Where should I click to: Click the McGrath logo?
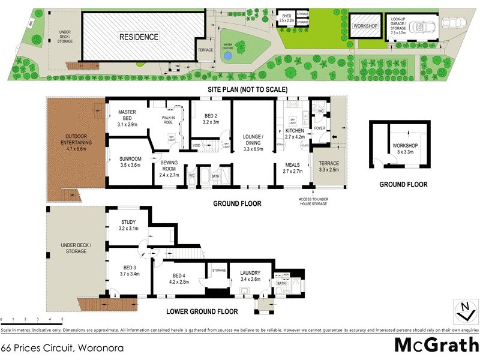(436, 345)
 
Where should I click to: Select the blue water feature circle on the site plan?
(227, 55)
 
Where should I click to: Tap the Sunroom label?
(130, 161)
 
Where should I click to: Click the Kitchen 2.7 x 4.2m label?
(294, 134)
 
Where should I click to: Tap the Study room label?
(129, 225)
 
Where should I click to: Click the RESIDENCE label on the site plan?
(139, 37)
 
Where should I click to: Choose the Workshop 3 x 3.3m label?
(405, 149)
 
